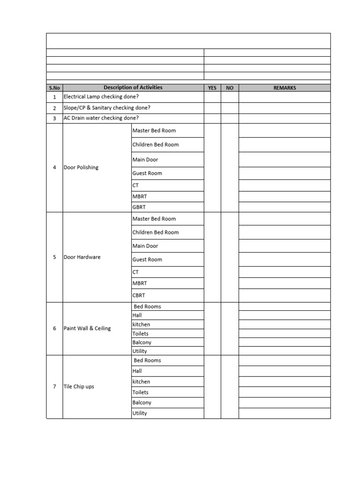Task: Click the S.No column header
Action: coord(54,88)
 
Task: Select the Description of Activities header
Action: coord(133,87)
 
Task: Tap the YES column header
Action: coord(212,88)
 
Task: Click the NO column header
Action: coord(230,88)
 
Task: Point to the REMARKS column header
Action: coord(285,88)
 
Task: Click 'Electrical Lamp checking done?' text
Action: coord(101,97)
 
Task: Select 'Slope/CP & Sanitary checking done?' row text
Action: coord(107,107)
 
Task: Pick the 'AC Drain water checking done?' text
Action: coord(101,118)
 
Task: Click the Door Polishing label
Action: coord(81,167)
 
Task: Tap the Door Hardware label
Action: coord(82,257)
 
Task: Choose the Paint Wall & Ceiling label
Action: coord(87,328)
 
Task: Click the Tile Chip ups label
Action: coord(79,386)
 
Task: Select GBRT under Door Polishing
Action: coord(139,207)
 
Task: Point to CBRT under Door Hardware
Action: coord(139,295)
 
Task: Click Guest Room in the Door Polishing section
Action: coord(147,173)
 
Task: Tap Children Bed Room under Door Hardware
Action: coord(155,232)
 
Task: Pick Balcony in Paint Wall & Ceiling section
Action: coord(142,342)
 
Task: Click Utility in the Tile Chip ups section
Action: coord(140,413)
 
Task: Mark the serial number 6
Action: coord(54,328)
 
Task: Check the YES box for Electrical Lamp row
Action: coord(212,97)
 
